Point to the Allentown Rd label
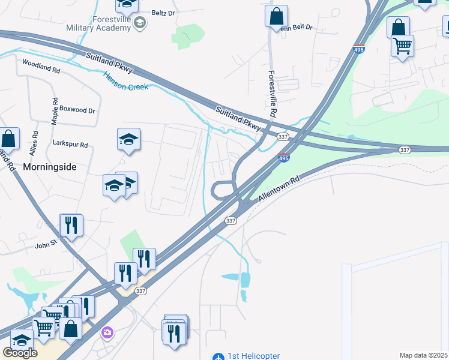279,188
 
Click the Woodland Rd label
41,66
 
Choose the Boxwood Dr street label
79,110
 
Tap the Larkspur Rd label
70,145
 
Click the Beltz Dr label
163,12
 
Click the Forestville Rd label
272,93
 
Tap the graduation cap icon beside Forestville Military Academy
140,23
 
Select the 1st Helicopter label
253,356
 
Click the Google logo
20,353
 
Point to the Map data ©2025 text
424,355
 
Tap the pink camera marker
108,332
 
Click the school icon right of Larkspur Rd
128,140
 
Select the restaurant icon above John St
71,225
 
